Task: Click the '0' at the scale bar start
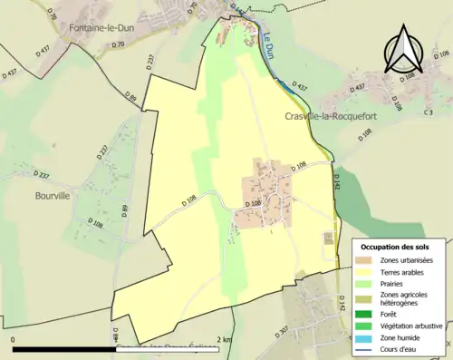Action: (13, 339)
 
